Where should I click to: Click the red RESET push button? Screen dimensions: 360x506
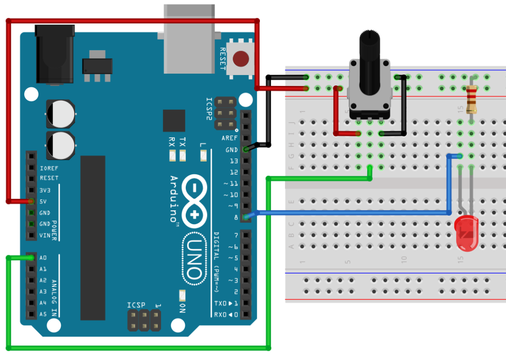[x=241, y=59]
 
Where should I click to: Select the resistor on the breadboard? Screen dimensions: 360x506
[x=472, y=99]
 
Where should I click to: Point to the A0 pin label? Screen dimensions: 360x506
[x=43, y=258]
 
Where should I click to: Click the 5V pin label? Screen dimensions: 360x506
[x=43, y=201]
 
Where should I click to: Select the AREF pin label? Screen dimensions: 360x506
[x=229, y=138]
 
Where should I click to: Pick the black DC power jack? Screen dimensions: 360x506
[x=54, y=54]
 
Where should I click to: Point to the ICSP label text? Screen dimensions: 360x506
[x=136, y=305]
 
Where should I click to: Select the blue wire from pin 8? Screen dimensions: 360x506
[x=346, y=213]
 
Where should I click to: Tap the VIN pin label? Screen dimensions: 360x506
[x=45, y=236]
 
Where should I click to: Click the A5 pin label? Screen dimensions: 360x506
[x=43, y=314]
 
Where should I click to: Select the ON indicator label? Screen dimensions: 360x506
[x=182, y=308]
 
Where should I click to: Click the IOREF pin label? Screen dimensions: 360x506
[x=49, y=167]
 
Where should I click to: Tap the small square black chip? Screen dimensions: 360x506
[x=174, y=121]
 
